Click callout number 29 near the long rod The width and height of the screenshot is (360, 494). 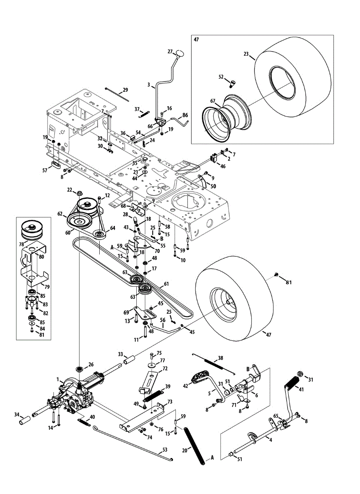pos(126,89)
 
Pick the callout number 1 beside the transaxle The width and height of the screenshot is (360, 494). pos(58,379)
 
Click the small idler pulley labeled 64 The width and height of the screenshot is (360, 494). pos(99,235)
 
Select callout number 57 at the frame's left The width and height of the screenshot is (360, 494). pos(45,170)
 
